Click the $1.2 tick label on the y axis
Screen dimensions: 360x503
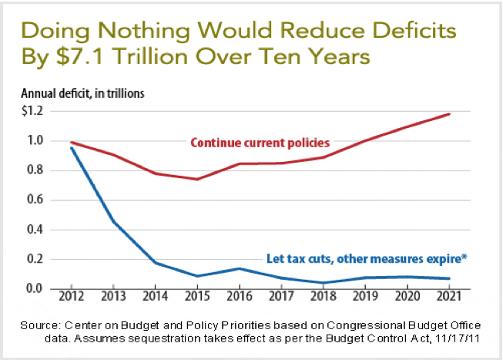(x=32, y=111)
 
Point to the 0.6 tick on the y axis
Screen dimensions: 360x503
(x=35, y=200)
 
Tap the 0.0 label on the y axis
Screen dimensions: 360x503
(x=35, y=288)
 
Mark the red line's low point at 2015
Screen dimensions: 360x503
(x=197, y=179)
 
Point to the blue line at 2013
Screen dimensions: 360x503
(x=112, y=222)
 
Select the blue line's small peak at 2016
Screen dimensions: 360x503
(x=240, y=268)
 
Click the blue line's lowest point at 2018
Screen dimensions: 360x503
(x=324, y=282)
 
